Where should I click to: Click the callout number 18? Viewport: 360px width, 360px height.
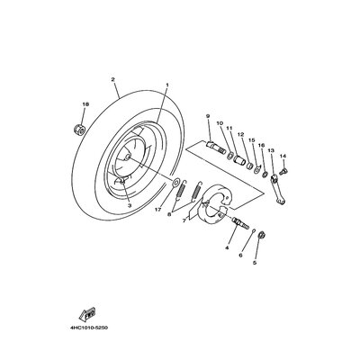point(85,104)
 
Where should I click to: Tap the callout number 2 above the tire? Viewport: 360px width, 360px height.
point(112,79)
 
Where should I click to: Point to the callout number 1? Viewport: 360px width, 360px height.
point(167,85)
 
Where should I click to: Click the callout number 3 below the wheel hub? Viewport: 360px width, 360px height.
point(130,205)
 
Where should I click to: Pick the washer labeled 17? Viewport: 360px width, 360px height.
point(175,182)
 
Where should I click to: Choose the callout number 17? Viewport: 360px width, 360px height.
point(158,210)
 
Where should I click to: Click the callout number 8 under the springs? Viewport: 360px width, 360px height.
point(169,214)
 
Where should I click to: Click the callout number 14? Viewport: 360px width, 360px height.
point(283,156)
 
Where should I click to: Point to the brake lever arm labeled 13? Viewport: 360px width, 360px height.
point(277,190)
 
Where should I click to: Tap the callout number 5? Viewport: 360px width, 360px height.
point(255,263)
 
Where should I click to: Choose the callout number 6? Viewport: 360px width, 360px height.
point(240,255)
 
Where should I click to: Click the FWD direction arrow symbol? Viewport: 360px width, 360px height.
point(87,314)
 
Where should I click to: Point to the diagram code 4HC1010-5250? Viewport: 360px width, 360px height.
point(89,328)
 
